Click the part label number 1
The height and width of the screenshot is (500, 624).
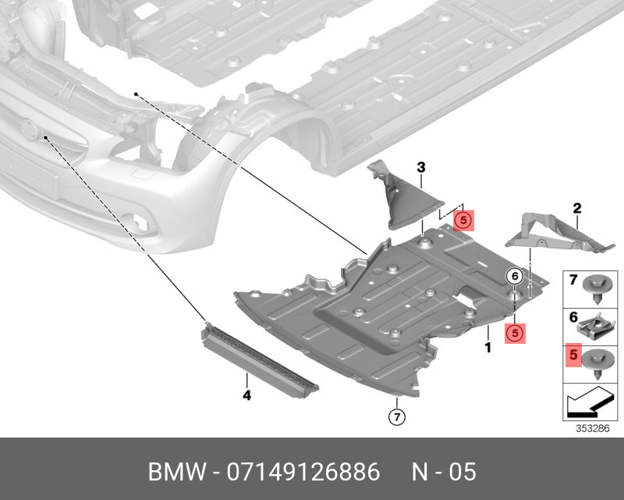(487, 347)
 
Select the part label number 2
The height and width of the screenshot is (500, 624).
(577, 208)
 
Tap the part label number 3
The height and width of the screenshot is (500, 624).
(420, 167)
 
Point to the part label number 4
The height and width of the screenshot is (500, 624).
(246, 396)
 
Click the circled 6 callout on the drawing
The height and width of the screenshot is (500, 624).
(514, 276)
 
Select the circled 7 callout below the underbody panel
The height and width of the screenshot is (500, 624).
(395, 416)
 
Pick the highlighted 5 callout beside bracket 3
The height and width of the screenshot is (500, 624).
(463, 221)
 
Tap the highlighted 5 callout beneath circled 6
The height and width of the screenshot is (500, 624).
(514, 333)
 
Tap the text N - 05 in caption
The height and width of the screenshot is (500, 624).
(444, 473)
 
